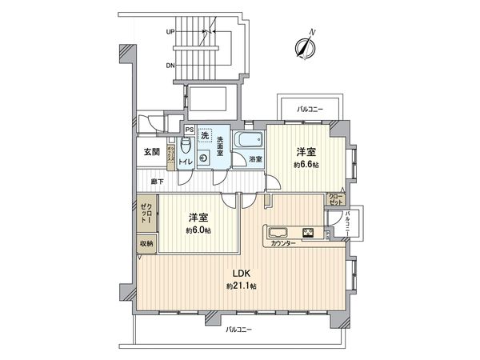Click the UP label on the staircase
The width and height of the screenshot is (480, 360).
pos(170,32)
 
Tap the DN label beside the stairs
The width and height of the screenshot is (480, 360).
pos(170,66)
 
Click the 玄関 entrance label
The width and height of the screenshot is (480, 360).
pos(151,151)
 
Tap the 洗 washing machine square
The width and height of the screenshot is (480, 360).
pos(206,134)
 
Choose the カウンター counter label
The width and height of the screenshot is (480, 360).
pos(282,242)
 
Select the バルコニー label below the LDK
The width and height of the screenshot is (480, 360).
pos(239,329)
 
